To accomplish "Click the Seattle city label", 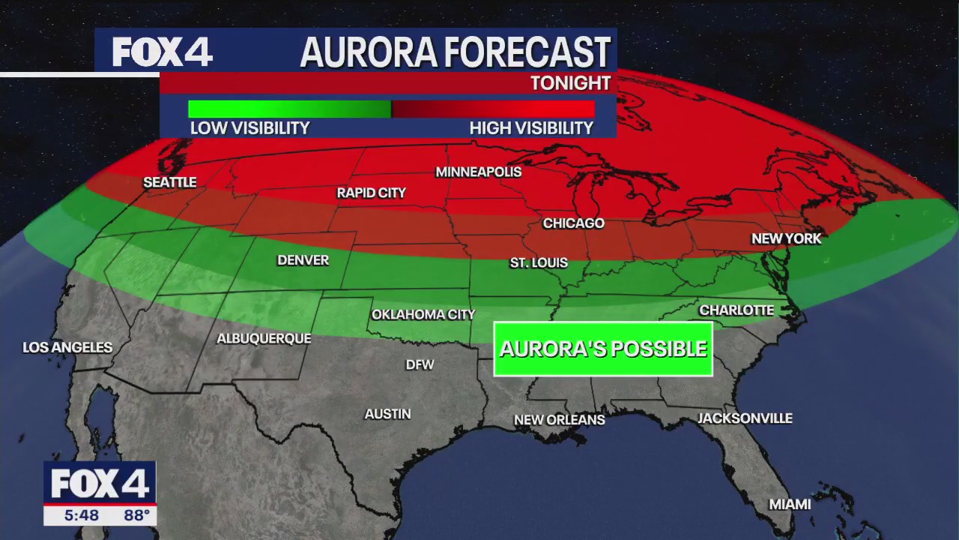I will (170, 182).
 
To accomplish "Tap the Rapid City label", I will (371, 193).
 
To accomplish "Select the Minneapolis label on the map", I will (479, 172).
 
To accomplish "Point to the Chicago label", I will (574, 223).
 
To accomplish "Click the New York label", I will (787, 238).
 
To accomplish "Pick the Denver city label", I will (303, 260).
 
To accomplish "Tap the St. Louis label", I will (539, 263).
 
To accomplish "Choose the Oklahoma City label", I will (423, 314).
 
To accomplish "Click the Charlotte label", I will (736, 310).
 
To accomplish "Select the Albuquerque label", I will (264, 338).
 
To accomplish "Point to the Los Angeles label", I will (67, 347).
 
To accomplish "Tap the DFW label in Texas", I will (420, 364).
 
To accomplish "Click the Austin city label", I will (387, 413).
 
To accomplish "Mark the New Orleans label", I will (559, 420).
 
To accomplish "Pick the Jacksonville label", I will (745, 418).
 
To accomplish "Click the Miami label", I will (790, 504).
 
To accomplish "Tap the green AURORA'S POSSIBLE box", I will (603, 349).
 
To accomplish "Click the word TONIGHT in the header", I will (571, 83).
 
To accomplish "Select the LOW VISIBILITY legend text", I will (249, 128).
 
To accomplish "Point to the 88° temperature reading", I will (136, 515).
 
